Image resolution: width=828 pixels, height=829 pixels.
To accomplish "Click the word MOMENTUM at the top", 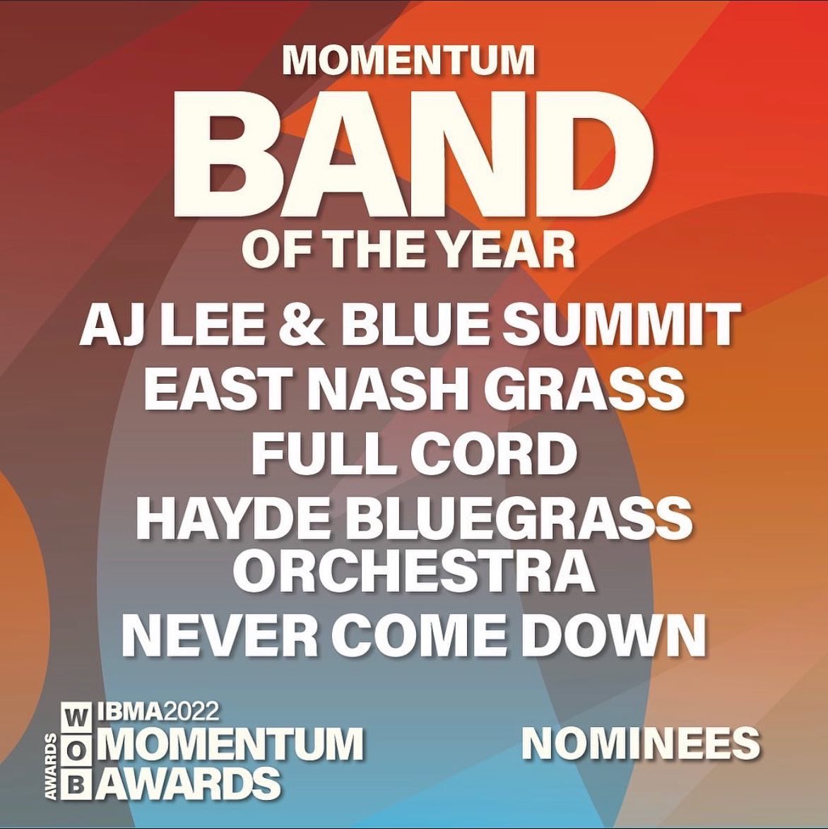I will [408, 61].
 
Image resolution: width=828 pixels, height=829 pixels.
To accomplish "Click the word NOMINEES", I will [641, 743].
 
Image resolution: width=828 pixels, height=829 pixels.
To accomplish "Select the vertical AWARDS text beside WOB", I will [51, 767].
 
